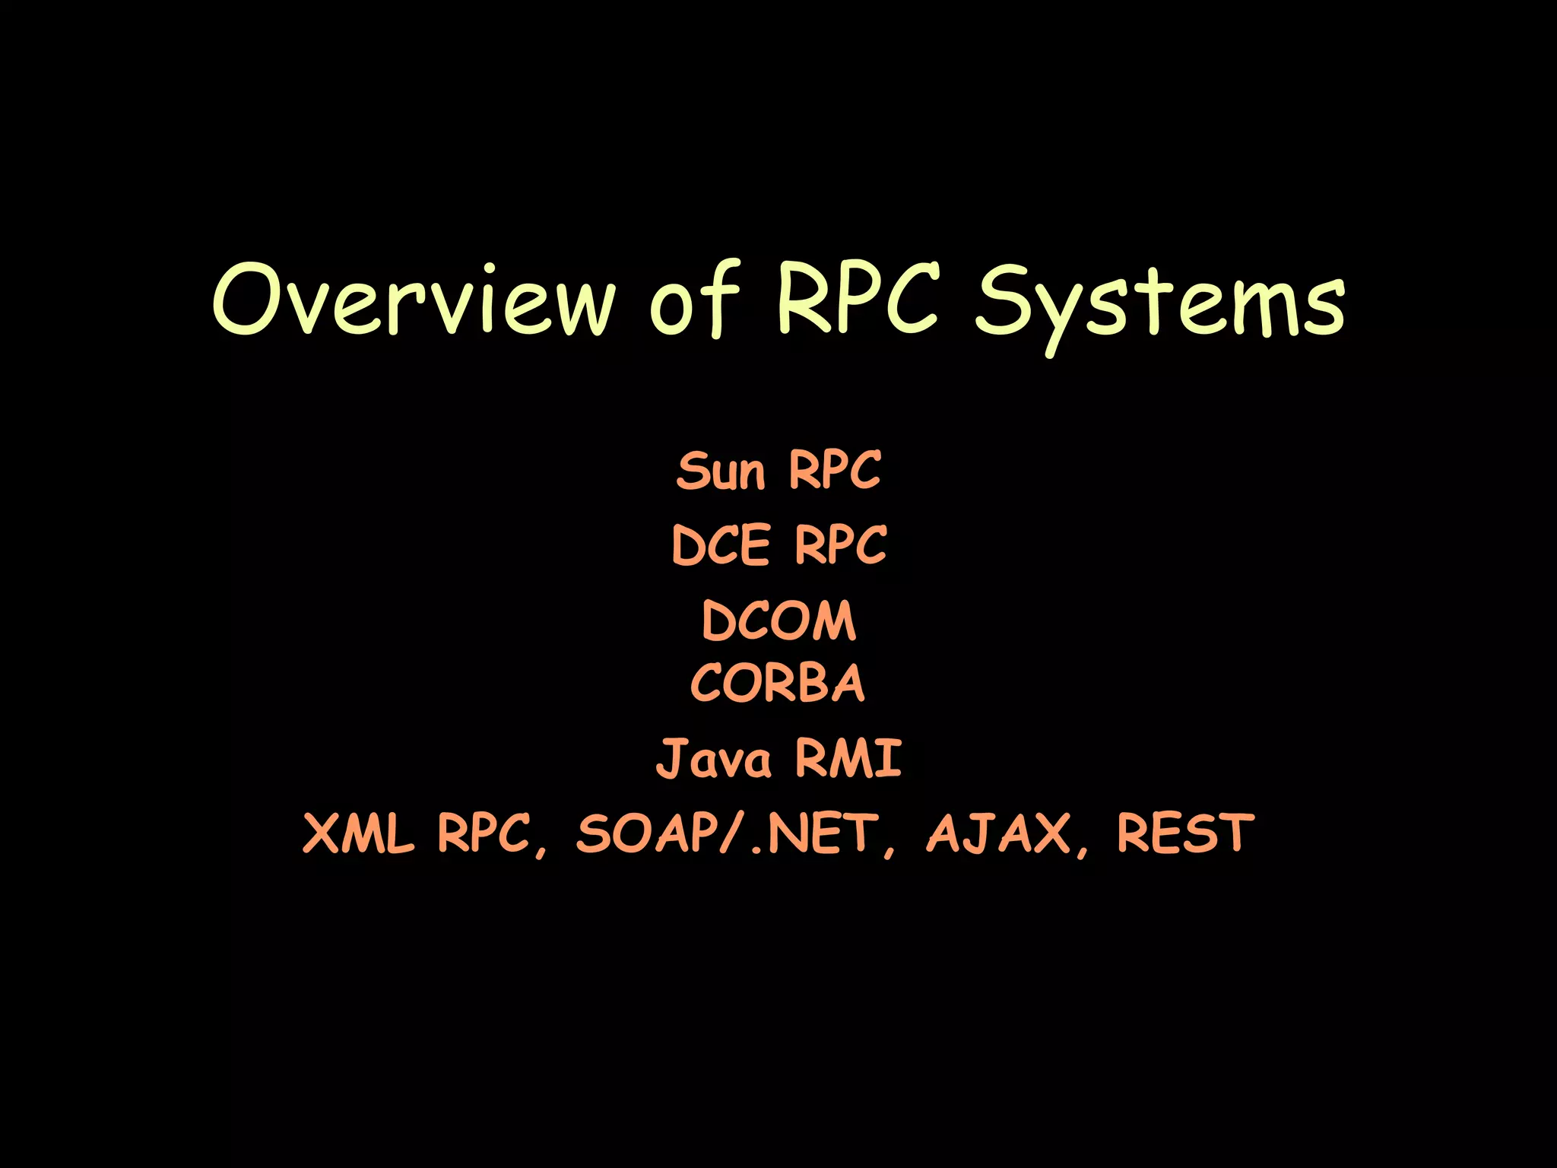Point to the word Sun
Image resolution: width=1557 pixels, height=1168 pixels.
click(720, 471)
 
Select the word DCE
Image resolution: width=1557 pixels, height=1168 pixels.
click(721, 545)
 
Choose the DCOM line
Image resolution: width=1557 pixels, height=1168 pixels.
click(778, 620)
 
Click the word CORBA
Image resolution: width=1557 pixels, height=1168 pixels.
click(778, 682)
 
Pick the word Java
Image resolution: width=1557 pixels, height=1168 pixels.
click(713, 758)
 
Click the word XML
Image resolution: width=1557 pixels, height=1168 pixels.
click(357, 833)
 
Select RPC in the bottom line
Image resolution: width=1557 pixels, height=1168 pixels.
click(484, 833)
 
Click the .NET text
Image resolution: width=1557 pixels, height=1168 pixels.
click(813, 833)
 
